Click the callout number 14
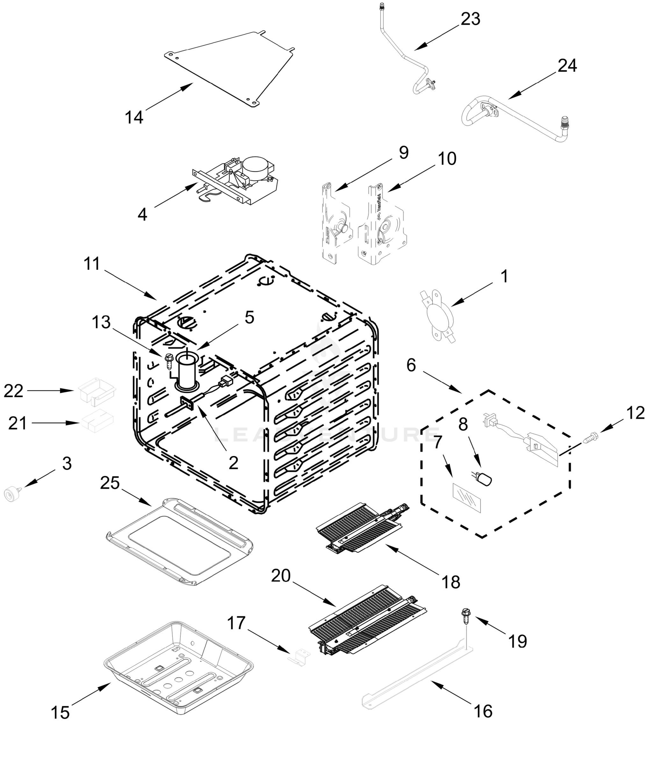(133, 117)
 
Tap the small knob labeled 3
(12, 494)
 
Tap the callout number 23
(470, 19)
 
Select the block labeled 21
(97, 421)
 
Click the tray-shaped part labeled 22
(97, 391)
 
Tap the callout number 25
(110, 483)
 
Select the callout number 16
(483, 711)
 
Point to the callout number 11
(91, 264)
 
